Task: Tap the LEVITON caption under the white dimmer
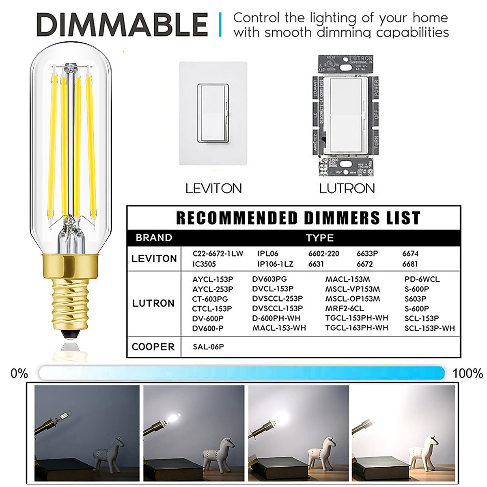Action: [x=213, y=188]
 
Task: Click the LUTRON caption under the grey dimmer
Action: [x=347, y=188]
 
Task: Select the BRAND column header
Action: [x=154, y=238]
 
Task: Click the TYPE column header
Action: [x=320, y=238]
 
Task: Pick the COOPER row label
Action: [x=153, y=347]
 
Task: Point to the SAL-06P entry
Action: [x=208, y=347]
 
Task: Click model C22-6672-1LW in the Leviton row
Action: [x=218, y=254]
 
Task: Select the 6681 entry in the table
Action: [x=410, y=264]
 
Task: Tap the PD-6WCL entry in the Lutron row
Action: [x=422, y=279]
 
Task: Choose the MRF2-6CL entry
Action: [x=344, y=308]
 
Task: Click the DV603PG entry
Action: [x=269, y=279]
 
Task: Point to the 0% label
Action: [x=19, y=373]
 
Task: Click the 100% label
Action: [x=468, y=373]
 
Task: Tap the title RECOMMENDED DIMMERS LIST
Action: [x=298, y=218]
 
